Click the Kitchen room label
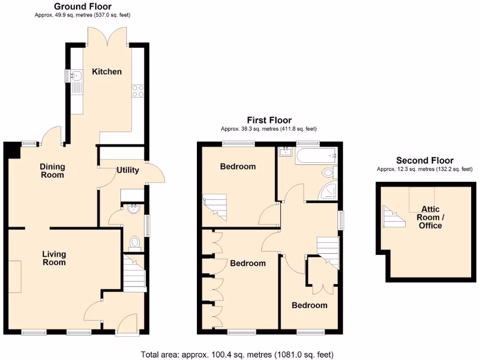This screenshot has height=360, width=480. [x=106, y=72]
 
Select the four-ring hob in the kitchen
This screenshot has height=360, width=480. [x=138, y=90]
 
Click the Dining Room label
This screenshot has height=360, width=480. [x=52, y=171]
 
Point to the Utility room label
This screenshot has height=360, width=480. [x=127, y=170]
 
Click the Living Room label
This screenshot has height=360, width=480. [x=54, y=258]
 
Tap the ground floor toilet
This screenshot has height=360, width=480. [x=135, y=242]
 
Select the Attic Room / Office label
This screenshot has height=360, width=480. [x=430, y=217]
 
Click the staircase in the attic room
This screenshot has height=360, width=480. [x=394, y=217]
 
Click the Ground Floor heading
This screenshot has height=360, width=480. [x=82, y=7]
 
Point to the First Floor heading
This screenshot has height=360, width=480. [x=269, y=120]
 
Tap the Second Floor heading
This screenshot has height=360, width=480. [x=425, y=161]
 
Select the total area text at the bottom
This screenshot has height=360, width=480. [x=237, y=354]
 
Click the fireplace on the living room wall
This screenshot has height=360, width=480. [x=15, y=277]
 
